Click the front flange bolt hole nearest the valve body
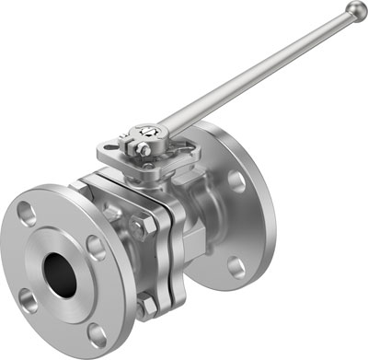click(x=95, y=245)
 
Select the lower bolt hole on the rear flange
click(x=237, y=266)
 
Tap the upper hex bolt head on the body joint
click(x=138, y=225)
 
